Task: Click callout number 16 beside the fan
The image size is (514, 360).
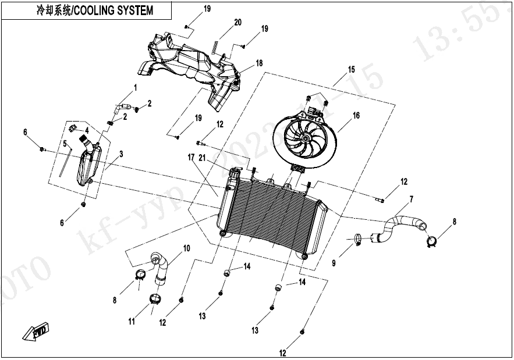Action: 356,116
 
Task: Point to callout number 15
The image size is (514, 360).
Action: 351,69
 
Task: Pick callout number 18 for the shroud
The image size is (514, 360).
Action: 259,63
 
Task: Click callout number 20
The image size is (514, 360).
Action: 237,23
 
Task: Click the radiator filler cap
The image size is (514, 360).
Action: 236,172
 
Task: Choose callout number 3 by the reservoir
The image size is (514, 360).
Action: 121,154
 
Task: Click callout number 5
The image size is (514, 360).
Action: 66,143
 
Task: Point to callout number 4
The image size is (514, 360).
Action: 86,130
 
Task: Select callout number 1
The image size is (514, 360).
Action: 135,87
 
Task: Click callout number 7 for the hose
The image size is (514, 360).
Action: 411,199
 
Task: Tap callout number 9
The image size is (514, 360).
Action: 334,263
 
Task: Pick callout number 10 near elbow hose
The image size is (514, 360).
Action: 186,248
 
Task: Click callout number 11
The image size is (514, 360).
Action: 132,321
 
